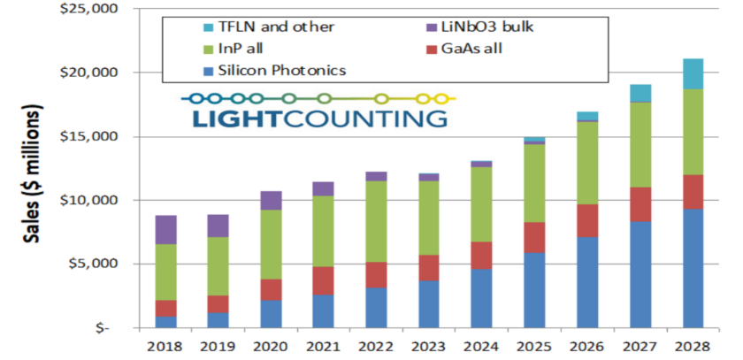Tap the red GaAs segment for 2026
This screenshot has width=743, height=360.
click(x=588, y=220)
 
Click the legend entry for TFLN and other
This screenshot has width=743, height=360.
click(x=240, y=27)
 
